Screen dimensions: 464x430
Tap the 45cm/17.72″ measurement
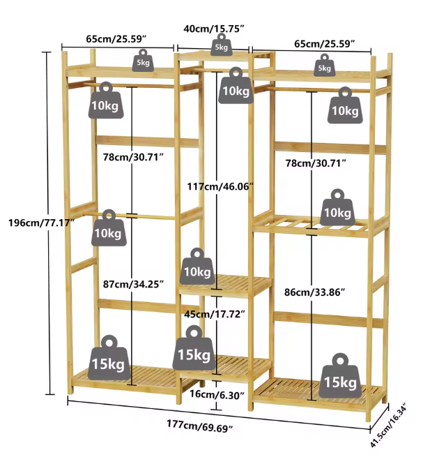(215, 314)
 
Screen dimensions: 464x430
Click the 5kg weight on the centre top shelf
(221, 45)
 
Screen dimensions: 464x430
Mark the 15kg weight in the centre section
(194, 351)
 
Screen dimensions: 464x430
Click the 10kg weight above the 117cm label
(236, 88)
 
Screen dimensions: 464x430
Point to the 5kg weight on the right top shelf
(324, 66)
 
